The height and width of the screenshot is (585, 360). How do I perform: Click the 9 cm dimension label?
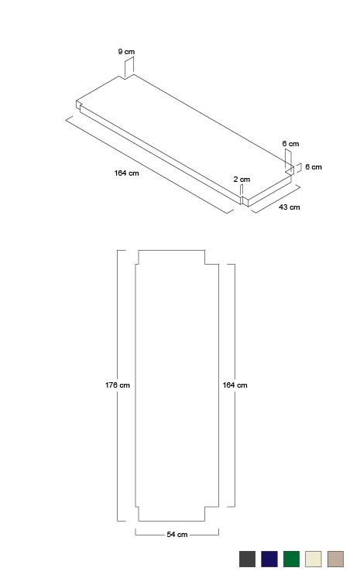tap(126, 52)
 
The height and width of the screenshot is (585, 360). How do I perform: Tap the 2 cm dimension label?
tap(242, 179)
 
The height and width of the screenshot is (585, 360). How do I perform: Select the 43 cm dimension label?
tap(289, 207)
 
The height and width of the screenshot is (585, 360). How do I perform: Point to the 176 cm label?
tap(117, 385)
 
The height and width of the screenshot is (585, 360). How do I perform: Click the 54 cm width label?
tap(177, 535)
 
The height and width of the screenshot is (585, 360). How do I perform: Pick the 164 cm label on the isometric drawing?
tap(127, 173)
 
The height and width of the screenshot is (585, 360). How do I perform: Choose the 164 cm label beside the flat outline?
tap(235, 385)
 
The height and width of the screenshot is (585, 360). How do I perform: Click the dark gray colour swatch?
tap(247, 559)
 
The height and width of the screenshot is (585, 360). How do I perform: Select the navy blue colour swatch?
tap(269, 559)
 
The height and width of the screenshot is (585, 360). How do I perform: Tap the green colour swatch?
tap(291, 559)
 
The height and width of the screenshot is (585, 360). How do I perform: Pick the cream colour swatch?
tap(314, 559)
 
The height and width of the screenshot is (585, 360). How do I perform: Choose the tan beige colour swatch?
tap(335, 559)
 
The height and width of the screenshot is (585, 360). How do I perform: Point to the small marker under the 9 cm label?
tap(129, 67)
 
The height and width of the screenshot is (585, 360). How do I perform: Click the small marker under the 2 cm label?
tap(242, 190)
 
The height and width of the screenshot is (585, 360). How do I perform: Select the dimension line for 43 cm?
tap(276, 199)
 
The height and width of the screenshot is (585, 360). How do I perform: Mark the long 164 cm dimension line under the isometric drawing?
tap(149, 165)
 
